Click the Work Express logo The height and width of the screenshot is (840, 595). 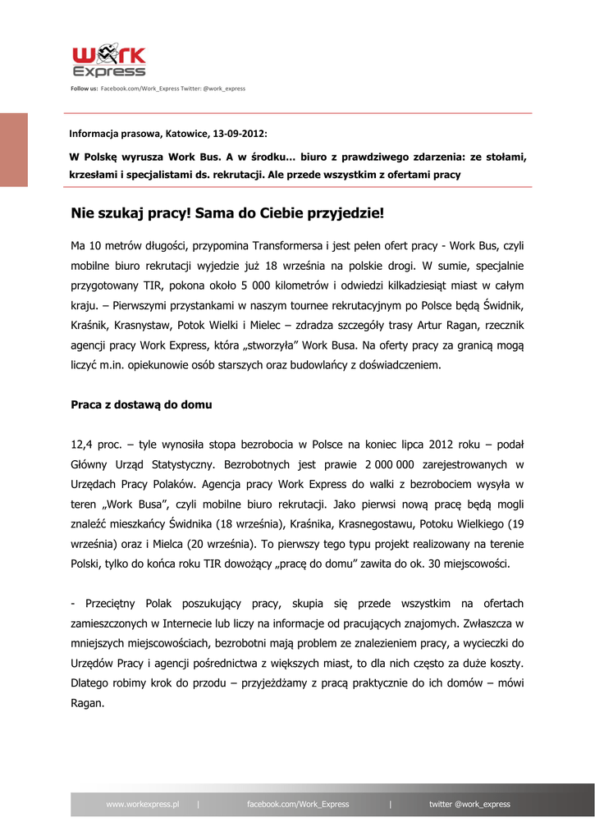pyautogui.click(x=109, y=62)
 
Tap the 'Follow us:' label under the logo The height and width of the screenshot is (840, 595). pyautogui.click(x=84, y=88)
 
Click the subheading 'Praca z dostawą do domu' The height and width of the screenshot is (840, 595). pyautogui.click(x=141, y=404)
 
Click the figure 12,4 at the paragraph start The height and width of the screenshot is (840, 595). pyautogui.click(x=83, y=445)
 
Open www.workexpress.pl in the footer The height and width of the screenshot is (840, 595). pyautogui.click(x=143, y=804)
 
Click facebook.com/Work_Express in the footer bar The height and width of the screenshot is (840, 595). pyautogui.click(x=298, y=804)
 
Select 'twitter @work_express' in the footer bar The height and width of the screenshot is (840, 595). pyautogui.click(x=469, y=804)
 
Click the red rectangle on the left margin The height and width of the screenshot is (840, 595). pyautogui.click(x=14, y=150)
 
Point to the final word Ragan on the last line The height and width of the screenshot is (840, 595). pyautogui.click(x=87, y=703)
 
